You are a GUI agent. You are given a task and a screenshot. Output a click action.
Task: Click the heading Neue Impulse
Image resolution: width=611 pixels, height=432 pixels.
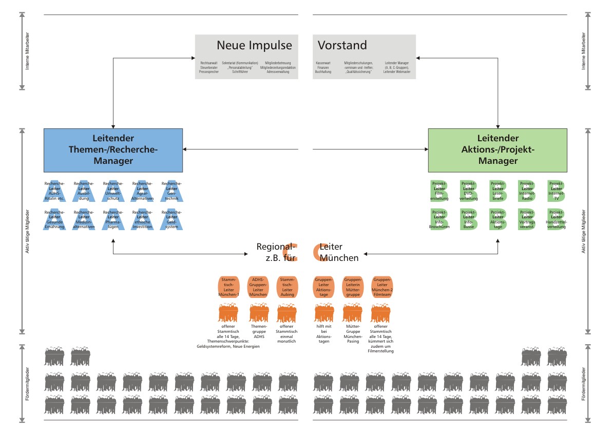coord(254,45)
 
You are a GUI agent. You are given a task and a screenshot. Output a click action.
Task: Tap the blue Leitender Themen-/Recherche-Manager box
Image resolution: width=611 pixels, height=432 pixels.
coord(113,149)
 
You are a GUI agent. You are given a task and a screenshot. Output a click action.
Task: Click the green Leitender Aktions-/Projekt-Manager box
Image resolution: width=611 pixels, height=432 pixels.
coord(498,149)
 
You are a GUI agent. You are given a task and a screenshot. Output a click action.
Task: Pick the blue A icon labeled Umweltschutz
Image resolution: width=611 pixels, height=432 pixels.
coord(113,191)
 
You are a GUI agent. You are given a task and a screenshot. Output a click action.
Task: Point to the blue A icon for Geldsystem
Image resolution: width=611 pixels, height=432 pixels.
coord(171,219)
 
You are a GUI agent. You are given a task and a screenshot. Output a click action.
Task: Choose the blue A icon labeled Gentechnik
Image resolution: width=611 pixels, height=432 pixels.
coord(171,191)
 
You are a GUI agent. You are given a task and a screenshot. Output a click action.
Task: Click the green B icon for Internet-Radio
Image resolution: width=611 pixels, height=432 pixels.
coord(527,191)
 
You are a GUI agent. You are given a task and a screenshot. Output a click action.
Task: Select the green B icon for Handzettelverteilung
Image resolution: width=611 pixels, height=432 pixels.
coord(556,219)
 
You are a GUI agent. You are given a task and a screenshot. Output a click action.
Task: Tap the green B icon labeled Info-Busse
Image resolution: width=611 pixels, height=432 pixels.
coord(468,219)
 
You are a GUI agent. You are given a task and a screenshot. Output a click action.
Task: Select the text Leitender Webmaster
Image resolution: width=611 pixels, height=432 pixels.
coord(397,72)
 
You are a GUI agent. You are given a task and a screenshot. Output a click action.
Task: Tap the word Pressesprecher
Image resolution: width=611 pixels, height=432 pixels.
coord(209,72)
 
